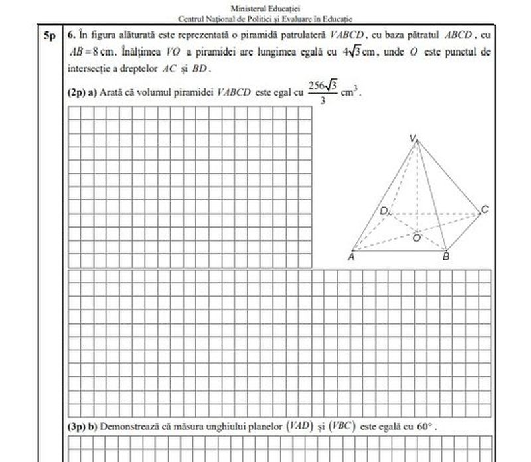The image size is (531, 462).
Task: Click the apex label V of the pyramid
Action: pyautogui.click(x=413, y=138)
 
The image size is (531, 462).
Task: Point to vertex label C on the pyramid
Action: pyautogui.click(x=485, y=210)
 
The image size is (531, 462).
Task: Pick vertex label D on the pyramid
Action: pyautogui.click(x=383, y=211)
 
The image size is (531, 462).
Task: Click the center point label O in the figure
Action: pyautogui.click(x=416, y=237)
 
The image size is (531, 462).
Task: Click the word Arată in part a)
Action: pyautogui.click(x=109, y=92)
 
